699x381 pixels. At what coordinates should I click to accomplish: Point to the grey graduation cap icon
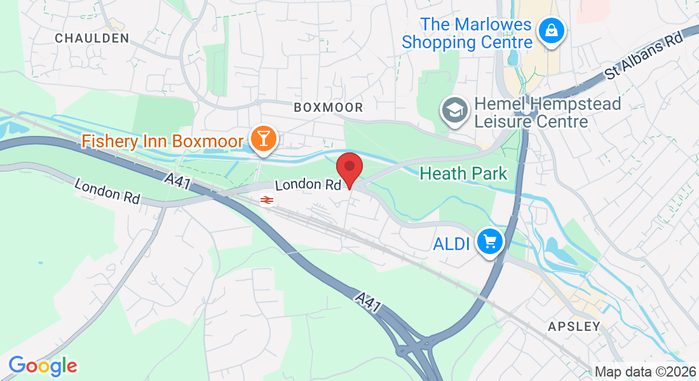click(455, 111)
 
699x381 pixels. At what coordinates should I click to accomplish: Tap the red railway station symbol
click(266, 201)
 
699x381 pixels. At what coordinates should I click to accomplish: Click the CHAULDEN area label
click(92, 38)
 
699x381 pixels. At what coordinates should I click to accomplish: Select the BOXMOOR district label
click(329, 108)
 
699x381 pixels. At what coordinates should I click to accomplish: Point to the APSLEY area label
click(574, 326)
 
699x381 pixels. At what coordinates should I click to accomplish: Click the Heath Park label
click(464, 173)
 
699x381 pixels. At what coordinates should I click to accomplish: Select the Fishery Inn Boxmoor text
click(163, 140)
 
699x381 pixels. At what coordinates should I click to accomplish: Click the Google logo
click(43, 366)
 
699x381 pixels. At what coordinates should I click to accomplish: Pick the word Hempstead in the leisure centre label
click(574, 104)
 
